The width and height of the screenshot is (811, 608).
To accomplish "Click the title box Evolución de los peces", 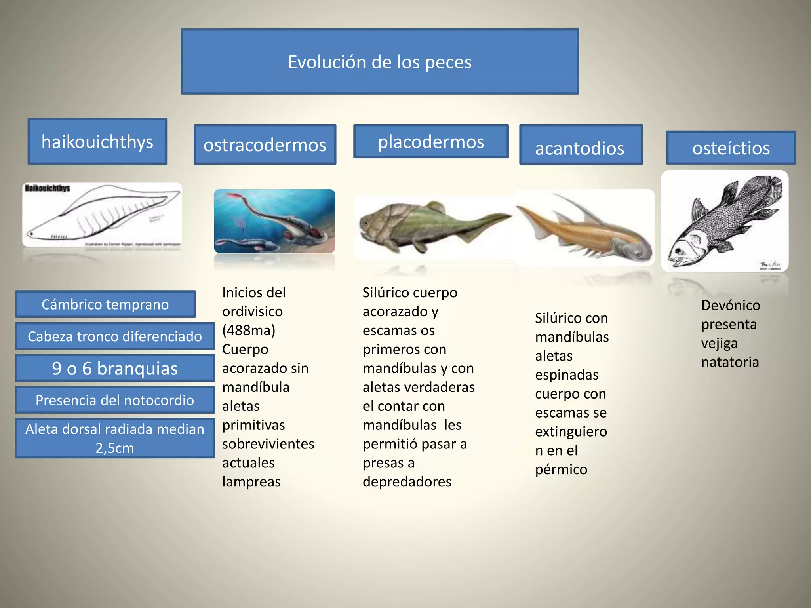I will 379,62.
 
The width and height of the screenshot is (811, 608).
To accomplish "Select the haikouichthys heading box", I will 97,141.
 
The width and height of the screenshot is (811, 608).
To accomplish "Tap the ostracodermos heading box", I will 265,144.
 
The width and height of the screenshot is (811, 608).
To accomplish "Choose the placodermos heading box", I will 430,141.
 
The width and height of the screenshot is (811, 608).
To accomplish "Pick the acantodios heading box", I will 580,145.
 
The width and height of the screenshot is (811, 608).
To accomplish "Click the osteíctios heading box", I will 731,148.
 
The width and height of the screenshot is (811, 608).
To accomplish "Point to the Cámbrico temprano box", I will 105,304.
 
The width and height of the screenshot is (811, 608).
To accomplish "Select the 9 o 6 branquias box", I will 114,368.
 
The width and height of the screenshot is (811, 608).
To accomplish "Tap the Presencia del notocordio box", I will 114,400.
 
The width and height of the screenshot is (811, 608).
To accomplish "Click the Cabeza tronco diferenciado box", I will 114,336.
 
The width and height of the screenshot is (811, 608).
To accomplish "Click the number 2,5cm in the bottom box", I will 114,448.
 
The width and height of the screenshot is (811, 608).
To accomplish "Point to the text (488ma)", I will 249,330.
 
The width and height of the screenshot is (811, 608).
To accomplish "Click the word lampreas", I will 251,482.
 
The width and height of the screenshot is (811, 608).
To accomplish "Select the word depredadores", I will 407,482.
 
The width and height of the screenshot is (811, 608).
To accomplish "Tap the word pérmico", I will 561,469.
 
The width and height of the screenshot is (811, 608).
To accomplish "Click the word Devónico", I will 730,305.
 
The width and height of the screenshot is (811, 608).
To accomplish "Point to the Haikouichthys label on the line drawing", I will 47,188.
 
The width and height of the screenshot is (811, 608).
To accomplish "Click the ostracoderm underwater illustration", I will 274,221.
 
